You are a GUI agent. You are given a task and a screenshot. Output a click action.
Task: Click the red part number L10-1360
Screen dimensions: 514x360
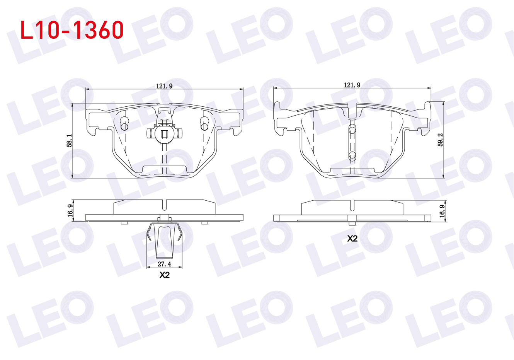[x=72, y=30]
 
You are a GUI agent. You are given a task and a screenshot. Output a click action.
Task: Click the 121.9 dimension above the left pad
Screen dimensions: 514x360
[x=164, y=86]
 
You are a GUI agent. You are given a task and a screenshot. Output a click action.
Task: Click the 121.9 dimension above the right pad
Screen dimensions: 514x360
[x=352, y=85]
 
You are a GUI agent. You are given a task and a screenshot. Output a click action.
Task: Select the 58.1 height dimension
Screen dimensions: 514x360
[x=69, y=140]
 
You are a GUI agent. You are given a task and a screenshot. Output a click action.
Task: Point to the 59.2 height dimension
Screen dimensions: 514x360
[x=440, y=140]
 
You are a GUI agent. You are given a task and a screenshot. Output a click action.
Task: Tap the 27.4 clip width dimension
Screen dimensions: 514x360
[x=164, y=264]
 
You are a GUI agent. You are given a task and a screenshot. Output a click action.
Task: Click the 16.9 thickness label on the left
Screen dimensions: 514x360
[x=70, y=210]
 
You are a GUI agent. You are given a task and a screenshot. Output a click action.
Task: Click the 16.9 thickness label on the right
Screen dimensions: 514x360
[x=442, y=211]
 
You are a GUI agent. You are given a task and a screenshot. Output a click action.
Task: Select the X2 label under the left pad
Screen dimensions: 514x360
[x=165, y=275]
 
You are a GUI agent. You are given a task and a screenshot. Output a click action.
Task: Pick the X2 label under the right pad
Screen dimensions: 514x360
[x=352, y=239]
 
